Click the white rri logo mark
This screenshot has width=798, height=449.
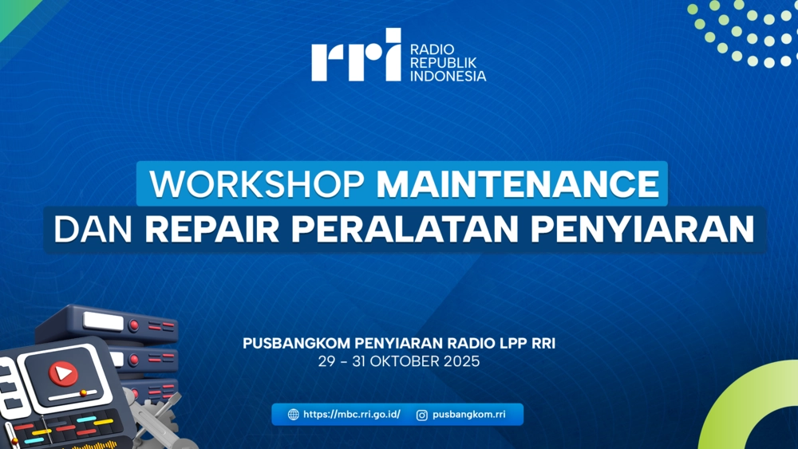(356, 55)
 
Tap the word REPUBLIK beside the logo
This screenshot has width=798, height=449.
(443, 62)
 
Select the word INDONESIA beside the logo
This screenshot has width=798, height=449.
(448, 76)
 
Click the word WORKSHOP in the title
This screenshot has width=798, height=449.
(257, 183)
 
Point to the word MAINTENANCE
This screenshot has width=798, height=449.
(518, 183)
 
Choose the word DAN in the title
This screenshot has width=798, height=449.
(93, 230)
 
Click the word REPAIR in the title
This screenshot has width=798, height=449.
(212, 230)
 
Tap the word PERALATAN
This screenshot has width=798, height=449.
(405, 230)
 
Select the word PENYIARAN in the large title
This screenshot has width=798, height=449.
(642, 230)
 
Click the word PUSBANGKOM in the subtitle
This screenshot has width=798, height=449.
(297, 343)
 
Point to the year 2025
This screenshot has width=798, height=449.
(461, 361)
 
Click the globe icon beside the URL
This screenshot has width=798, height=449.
(294, 415)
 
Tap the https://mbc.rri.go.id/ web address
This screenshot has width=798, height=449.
(352, 415)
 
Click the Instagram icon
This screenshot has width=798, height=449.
(422, 415)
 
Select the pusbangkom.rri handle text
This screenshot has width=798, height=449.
(469, 415)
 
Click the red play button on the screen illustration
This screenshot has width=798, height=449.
(64, 373)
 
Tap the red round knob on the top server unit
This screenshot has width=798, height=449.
(134, 325)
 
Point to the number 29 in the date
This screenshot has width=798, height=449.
(326, 361)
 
